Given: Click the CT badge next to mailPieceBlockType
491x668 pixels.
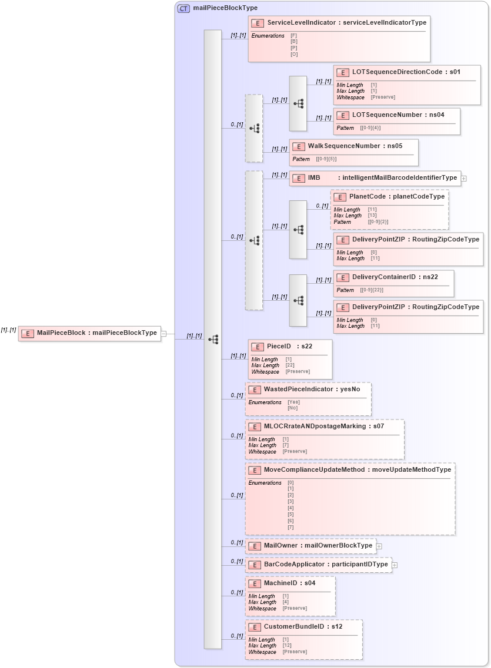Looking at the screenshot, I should [183, 8].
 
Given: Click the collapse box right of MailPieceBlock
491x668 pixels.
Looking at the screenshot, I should [164, 334].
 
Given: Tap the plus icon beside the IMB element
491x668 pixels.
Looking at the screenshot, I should [464, 178].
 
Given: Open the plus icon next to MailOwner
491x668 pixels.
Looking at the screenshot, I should [379, 546].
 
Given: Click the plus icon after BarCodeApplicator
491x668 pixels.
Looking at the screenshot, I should [395, 565].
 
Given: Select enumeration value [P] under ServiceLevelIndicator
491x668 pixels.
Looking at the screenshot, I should [293, 48].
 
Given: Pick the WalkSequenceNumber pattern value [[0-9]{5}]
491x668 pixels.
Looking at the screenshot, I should [326, 159].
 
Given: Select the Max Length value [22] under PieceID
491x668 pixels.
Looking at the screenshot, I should [290, 365].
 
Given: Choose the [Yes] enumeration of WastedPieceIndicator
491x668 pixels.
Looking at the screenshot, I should [293, 402].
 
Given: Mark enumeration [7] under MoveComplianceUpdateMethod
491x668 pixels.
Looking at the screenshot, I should [290, 527].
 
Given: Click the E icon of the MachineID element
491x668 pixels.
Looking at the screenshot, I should [254, 583].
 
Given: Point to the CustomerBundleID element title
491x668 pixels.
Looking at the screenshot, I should [303, 627].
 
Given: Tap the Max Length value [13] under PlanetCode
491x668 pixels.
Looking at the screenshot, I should [372, 216].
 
